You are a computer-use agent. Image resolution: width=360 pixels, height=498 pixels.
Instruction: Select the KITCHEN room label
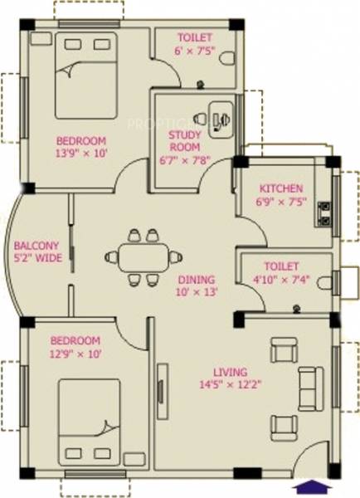coord(280,188)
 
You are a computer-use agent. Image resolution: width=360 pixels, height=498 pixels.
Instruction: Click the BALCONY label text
coord(36,246)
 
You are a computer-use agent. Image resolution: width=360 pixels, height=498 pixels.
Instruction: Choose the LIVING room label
coord(229,373)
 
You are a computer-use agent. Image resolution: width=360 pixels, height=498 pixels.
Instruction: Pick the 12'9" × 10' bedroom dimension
coord(75,354)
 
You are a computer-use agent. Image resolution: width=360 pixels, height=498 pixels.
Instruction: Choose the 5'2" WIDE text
coord(36,258)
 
